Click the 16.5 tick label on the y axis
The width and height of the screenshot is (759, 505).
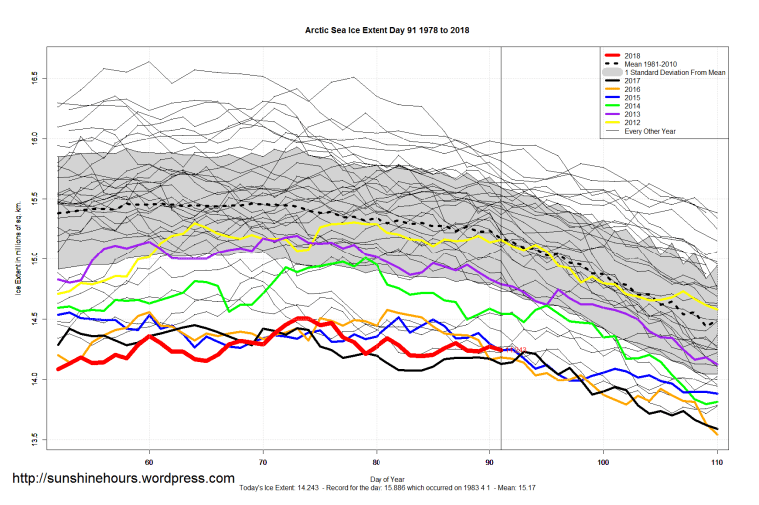33,76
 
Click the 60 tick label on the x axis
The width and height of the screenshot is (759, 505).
149,462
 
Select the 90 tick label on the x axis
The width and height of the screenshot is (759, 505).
489,462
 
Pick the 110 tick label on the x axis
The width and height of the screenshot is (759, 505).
716,462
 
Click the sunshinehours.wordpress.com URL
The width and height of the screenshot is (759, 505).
124,479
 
